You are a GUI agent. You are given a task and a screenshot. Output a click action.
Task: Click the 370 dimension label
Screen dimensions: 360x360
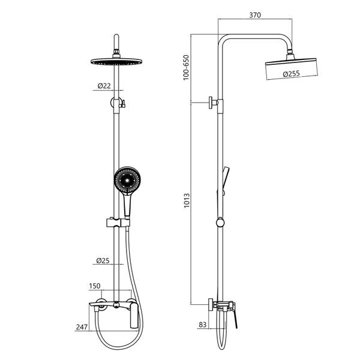[x=255, y=15]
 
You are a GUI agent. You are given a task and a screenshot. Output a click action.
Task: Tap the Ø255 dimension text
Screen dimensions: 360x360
[x=292, y=73]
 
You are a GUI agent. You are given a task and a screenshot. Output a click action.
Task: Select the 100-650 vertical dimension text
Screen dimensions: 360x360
[x=186, y=67]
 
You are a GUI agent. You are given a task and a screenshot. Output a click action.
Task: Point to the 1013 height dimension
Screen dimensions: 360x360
[x=187, y=200]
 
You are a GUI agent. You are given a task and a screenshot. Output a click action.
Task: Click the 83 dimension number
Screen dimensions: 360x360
[x=203, y=325]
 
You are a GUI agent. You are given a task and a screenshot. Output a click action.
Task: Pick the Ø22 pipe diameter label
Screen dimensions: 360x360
[x=104, y=86]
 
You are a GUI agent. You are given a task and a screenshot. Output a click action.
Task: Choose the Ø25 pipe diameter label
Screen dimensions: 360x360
[x=103, y=260]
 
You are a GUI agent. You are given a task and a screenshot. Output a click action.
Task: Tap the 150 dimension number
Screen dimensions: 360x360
[x=95, y=286]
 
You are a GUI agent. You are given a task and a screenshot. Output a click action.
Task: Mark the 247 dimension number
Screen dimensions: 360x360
[x=82, y=327]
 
